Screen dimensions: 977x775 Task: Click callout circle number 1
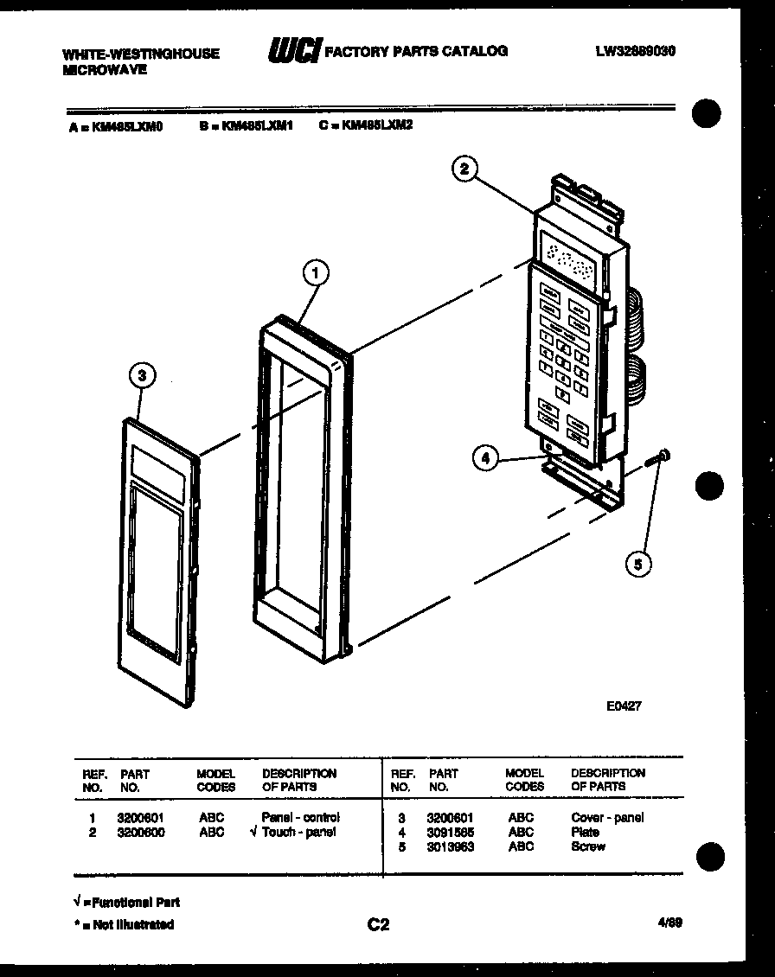point(316,274)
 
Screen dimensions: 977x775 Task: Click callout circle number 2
point(464,169)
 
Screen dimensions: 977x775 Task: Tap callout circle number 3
point(143,375)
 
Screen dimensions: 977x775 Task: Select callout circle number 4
point(486,459)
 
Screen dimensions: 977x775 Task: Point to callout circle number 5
point(638,565)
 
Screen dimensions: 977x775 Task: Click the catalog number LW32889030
point(635,51)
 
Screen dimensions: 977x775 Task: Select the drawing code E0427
point(623,706)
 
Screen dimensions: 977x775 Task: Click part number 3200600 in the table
point(140,832)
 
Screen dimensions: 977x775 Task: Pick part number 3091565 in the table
point(450,832)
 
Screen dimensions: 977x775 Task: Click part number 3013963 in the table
point(450,846)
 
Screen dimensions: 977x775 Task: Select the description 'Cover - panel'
point(607,817)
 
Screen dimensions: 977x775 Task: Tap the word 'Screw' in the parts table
point(588,846)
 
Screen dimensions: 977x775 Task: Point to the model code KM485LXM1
point(258,125)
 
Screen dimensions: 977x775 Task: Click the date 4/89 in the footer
point(669,923)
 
